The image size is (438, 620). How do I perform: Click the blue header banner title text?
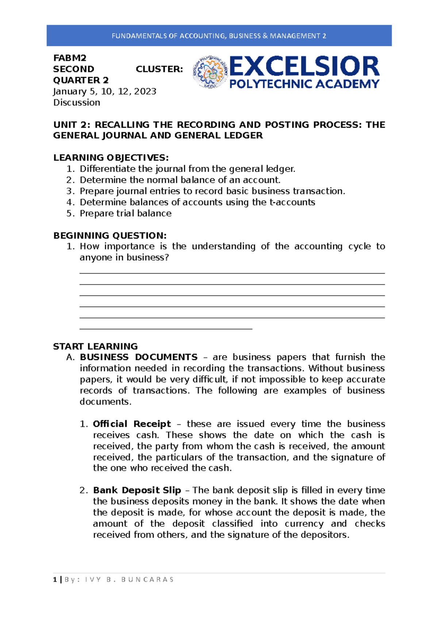219,36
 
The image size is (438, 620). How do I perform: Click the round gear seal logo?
210,72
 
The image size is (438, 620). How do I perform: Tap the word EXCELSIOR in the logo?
304,66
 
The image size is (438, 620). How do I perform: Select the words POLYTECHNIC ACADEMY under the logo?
304,84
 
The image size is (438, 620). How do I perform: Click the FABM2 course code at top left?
70,58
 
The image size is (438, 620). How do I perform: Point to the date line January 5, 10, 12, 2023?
105,91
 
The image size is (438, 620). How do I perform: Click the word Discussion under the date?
77,103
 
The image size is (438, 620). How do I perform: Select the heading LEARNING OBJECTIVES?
111,158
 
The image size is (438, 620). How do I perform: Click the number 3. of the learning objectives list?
70,191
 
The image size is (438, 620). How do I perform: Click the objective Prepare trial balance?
126,214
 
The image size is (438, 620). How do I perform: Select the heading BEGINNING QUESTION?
110,236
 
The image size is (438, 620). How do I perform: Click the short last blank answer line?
166,329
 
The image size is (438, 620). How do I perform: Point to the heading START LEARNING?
95,346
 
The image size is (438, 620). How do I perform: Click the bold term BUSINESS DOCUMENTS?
139,357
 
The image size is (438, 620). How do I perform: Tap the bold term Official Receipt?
132,424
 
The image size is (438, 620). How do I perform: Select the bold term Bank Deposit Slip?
137,490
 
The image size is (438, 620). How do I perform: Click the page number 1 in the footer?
55,579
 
